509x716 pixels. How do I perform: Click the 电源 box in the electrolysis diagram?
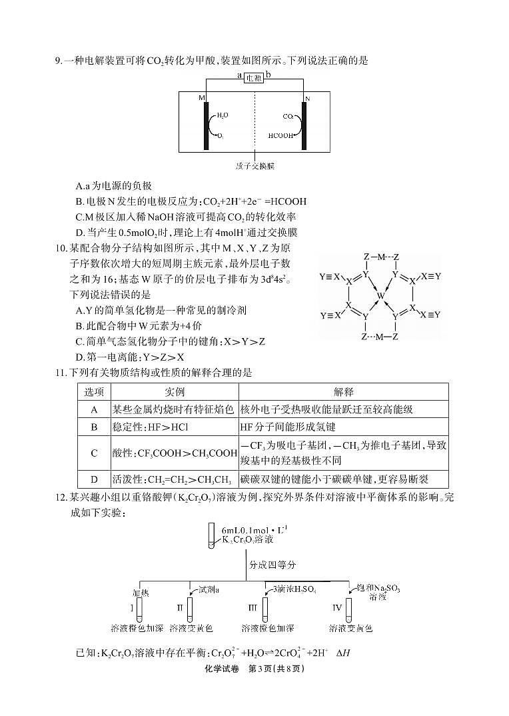pos(254,77)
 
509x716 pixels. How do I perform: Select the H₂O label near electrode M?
pos(223,115)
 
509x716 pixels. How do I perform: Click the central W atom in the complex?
pos(380,294)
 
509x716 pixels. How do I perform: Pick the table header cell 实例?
pos(174,392)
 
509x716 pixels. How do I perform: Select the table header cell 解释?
pos(343,392)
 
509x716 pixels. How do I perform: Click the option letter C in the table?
pos(94,453)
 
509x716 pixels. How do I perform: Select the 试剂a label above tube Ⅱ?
pos(209,589)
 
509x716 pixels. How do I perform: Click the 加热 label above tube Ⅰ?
pos(141,592)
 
